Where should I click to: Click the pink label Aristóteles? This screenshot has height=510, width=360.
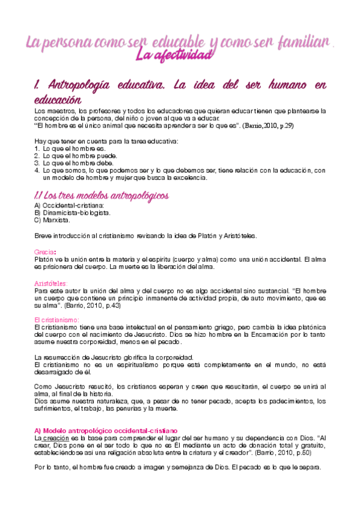tap(52, 283)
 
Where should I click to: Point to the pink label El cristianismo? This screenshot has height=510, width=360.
tap(57, 320)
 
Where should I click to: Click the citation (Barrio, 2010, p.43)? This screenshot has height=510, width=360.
tap(91, 306)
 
